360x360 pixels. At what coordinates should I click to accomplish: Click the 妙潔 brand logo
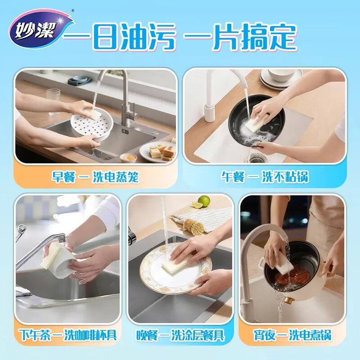tap(41, 29)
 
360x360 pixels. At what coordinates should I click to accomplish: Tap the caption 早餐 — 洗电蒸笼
tap(95, 177)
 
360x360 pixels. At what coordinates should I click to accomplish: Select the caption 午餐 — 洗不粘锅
tap(265, 176)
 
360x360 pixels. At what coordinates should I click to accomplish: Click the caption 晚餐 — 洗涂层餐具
tap(180, 335)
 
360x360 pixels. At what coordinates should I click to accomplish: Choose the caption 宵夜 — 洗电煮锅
tap(292, 335)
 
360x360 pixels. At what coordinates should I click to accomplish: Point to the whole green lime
tap(204, 201)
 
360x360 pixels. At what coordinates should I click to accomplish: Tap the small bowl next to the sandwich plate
tap(128, 158)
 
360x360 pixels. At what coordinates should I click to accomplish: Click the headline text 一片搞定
tap(241, 37)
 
